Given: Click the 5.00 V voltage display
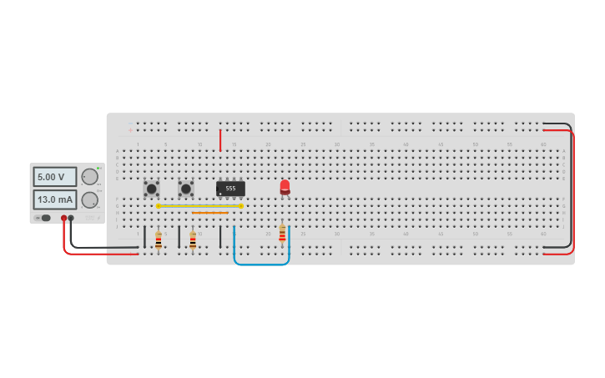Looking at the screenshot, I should tap(54, 177).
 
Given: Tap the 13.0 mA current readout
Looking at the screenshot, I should tap(54, 199).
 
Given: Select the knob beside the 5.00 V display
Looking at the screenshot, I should tap(89, 176).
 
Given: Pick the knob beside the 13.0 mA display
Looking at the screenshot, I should tap(89, 199).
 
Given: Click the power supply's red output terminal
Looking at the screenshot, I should tap(63, 218).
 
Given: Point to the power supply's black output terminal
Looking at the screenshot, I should tap(71, 218).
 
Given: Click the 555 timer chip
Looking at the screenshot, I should tap(230, 189).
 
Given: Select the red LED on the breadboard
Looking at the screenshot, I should tap(285, 187).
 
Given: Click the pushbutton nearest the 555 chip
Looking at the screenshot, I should tap(185, 189).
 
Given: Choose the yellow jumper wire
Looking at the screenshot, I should tap(200, 205).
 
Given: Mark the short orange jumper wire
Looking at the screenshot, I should tap(209, 213).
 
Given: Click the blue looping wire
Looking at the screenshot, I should tap(261, 264).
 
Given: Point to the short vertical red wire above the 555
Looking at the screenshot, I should tap(220, 139).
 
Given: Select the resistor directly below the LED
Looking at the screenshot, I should tap(282, 233).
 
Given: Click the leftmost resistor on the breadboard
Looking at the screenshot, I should tap(159, 240).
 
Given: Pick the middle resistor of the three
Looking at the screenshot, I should tap(193, 240).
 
